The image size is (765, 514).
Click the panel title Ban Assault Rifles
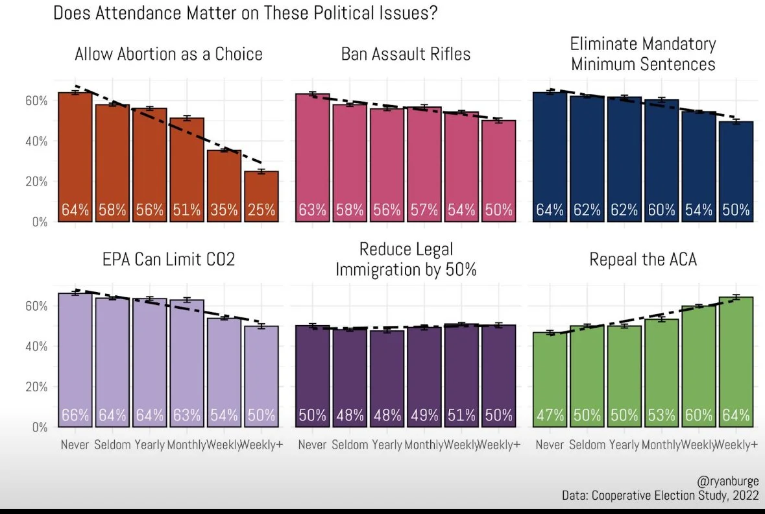(406, 54)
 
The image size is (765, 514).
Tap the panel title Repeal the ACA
(643, 260)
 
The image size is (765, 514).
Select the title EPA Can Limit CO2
(168, 260)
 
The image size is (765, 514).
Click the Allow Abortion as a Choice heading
(169, 54)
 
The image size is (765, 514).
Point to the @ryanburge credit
(727, 481)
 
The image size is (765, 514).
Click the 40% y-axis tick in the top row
(37, 141)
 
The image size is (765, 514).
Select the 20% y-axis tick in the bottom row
(37, 387)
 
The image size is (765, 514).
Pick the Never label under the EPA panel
(75, 445)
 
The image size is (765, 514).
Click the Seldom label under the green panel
(587, 445)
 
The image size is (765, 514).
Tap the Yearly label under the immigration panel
(387, 445)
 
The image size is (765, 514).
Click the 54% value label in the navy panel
(699, 210)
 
